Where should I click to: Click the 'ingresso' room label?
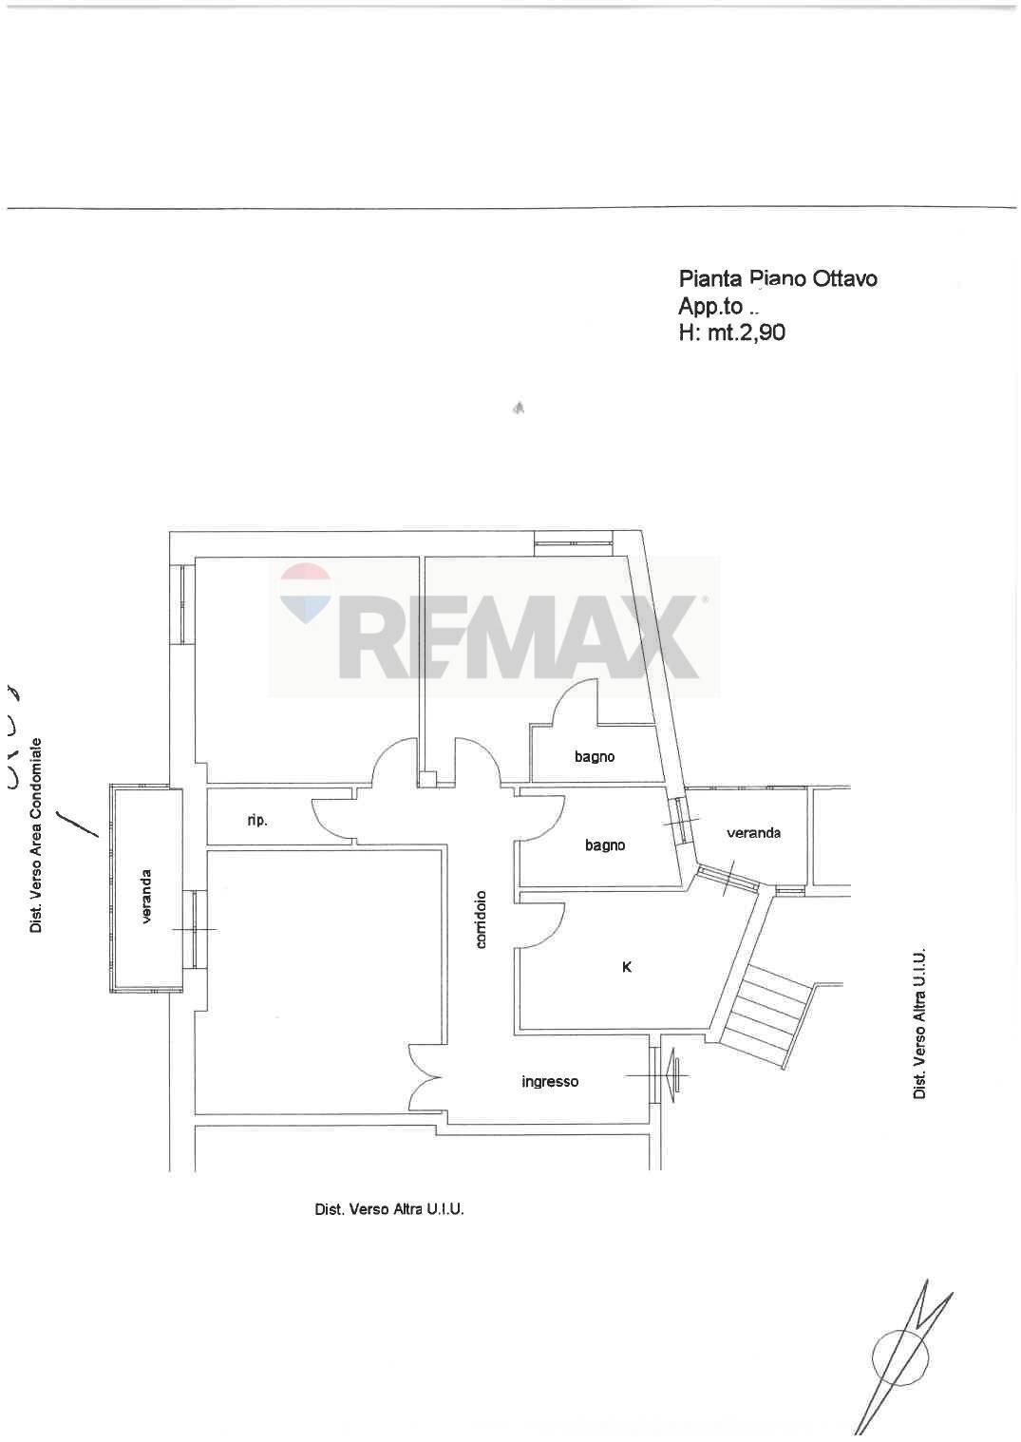(550, 1081)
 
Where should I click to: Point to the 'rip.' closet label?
(257, 821)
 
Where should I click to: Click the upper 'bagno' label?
(595, 756)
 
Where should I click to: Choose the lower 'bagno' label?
(605, 844)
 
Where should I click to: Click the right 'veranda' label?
(754, 832)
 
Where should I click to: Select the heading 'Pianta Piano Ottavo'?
(778, 278)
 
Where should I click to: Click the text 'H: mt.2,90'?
(732, 332)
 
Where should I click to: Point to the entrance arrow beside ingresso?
(676, 1075)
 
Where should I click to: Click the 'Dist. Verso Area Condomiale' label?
(36, 834)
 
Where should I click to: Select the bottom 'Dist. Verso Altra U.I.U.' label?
(389, 1209)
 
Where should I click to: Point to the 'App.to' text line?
(718, 306)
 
